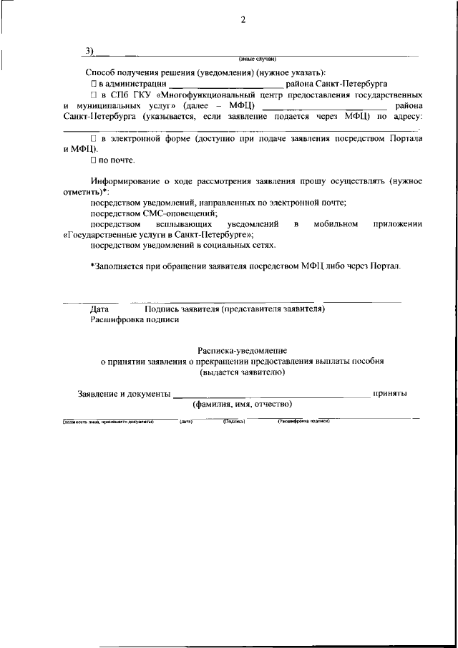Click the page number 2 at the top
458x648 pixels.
243,19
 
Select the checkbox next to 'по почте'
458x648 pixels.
93,160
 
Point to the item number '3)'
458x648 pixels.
89,50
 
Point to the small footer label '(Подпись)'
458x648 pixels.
234,421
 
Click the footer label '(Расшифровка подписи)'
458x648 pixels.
303,421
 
